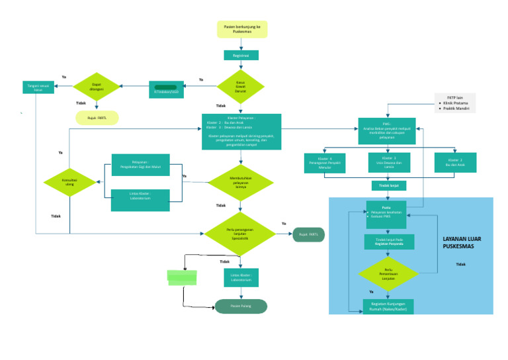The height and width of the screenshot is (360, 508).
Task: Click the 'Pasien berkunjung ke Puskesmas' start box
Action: coord(242,29)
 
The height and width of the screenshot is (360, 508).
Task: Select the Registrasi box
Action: coord(241,56)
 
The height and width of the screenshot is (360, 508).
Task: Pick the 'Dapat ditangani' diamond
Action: coord(97,87)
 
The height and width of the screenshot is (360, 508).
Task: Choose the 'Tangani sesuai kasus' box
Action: coord(38,87)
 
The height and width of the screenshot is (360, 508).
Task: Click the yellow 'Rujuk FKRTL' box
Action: coord(97,118)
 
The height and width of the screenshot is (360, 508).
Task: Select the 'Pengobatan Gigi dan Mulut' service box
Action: coord(140,165)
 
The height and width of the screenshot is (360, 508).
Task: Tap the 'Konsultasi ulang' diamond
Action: coord(69,183)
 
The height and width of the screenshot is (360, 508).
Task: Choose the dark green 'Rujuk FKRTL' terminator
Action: coord(308,234)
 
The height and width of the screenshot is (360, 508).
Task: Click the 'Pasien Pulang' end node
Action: coord(241,306)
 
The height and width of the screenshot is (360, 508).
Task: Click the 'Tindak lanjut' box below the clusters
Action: coord(389,186)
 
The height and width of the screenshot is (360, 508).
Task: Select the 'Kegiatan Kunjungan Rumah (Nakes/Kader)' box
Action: coord(389,306)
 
